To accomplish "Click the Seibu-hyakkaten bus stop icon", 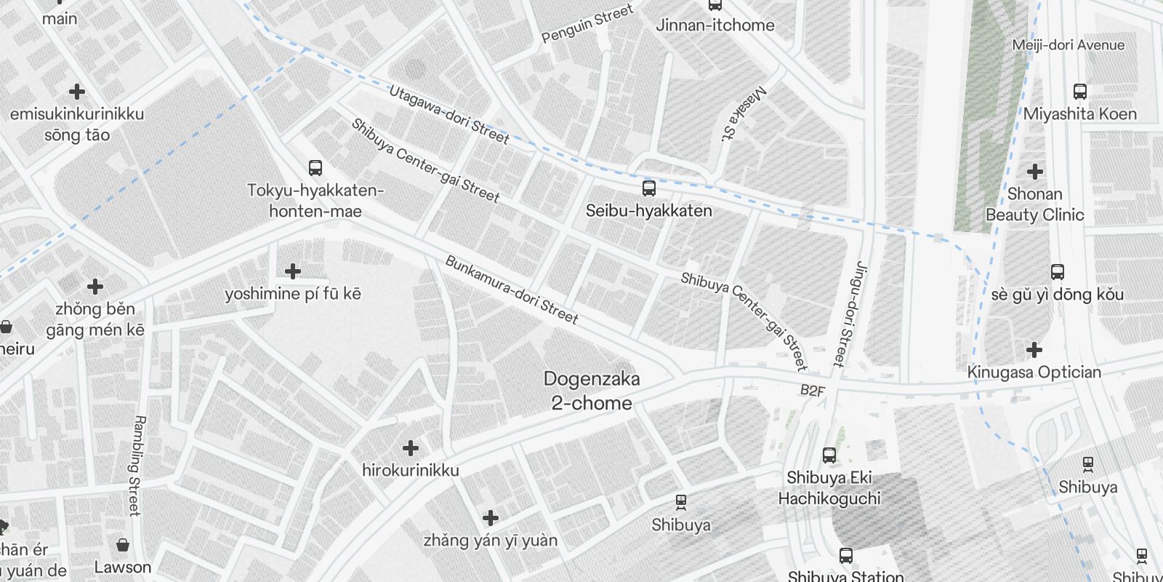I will click(649, 188).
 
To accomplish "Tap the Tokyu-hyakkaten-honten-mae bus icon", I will click(315, 168).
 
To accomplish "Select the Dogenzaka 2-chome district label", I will click(592, 391).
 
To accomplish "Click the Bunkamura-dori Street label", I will click(512, 290).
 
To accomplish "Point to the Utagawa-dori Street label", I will click(448, 114).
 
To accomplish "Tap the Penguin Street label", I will click(587, 23).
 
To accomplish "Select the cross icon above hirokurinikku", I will click(411, 447).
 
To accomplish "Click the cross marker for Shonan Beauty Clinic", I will click(1034, 172).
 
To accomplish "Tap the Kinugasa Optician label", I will click(1034, 372).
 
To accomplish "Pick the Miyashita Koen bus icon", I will click(1079, 92).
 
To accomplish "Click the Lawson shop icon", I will click(123, 545).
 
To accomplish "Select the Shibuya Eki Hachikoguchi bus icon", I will click(829, 455).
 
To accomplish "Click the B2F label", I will click(812, 391).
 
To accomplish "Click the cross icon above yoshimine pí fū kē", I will click(292, 271).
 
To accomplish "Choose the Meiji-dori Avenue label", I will click(1068, 45).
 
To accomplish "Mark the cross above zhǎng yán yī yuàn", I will click(491, 518).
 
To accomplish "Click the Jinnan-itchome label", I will click(715, 25).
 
